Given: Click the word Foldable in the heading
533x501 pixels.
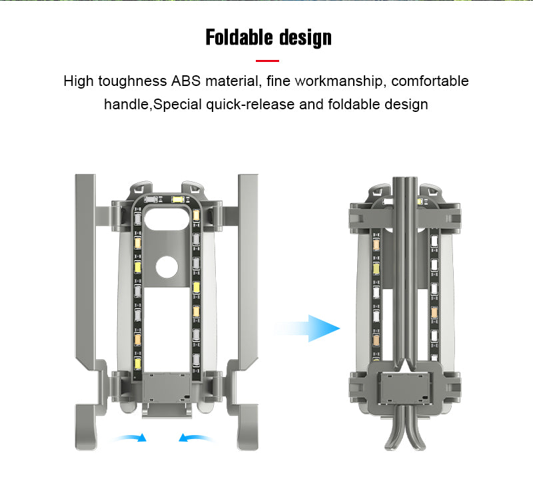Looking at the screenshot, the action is point(239,37).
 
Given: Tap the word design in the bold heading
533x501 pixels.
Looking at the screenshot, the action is point(305,38).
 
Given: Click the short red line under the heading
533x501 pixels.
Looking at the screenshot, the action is point(267,61).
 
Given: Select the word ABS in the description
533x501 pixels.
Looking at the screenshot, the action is point(186,81).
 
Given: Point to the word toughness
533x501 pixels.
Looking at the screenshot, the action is point(132,81).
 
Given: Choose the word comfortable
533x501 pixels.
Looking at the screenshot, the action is point(430,81).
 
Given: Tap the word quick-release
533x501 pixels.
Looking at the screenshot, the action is point(251,105).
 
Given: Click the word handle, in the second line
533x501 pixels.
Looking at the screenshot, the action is point(128,105).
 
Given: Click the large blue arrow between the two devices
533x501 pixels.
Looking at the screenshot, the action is point(308,328).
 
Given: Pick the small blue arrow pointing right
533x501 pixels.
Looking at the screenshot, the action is point(129,438).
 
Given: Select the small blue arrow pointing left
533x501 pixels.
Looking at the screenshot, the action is point(197,438).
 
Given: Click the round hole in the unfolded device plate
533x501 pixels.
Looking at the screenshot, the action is point(167,266).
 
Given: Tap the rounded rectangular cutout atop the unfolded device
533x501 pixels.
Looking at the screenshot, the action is point(167,219).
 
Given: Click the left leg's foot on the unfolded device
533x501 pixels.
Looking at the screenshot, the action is point(86,427).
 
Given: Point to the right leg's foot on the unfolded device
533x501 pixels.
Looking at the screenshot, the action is point(247,427).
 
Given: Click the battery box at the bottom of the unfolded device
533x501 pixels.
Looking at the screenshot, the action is point(167,388).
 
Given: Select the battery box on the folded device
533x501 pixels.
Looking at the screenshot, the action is point(405,388).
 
